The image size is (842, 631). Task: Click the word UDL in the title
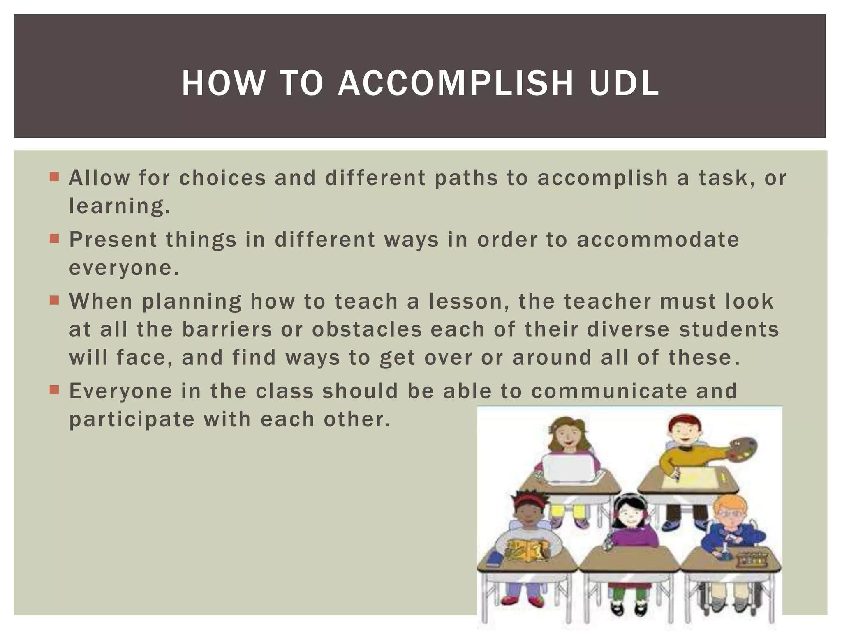pyautogui.click(x=624, y=84)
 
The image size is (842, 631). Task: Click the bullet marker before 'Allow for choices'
pyautogui.click(x=54, y=177)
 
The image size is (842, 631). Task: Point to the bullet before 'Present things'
pyautogui.click(x=54, y=239)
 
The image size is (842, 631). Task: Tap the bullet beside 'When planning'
pyautogui.click(x=54, y=300)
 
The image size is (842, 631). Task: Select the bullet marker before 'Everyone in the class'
pyautogui.click(x=54, y=390)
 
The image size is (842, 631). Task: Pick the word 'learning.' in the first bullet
pyautogui.click(x=119, y=206)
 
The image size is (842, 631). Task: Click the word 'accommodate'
pyautogui.click(x=658, y=240)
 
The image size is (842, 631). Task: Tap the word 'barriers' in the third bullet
pyautogui.click(x=227, y=329)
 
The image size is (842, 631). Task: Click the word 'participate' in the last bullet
pyautogui.click(x=132, y=419)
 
